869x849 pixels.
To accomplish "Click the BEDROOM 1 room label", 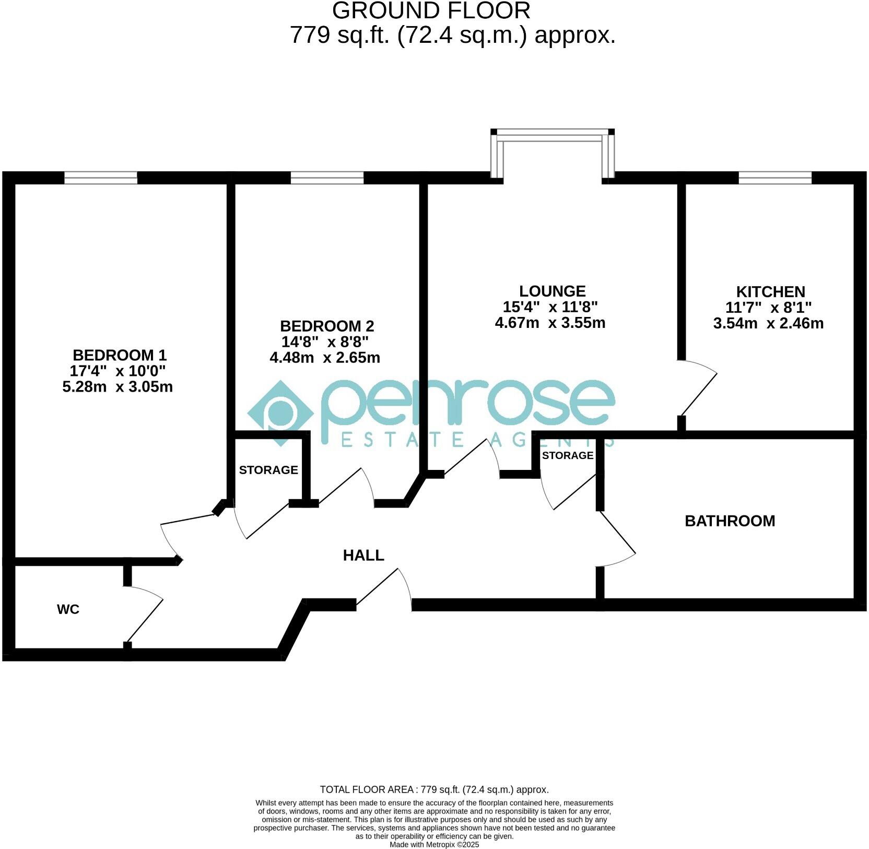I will point(120,356).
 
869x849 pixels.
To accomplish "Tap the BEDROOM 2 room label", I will point(327,326).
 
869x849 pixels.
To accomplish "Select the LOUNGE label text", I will point(553,291).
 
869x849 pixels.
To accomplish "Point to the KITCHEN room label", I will point(770,292).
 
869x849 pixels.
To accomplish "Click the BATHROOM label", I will point(730,521).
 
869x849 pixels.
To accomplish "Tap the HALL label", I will point(363,556).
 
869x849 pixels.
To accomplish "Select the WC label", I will point(68,609).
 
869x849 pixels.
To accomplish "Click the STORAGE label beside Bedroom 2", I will point(268,470).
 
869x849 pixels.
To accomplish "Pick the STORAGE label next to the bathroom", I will point(568,456).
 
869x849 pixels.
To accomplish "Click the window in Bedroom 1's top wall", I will point(101,178).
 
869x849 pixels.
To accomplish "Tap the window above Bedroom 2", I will point(327,178).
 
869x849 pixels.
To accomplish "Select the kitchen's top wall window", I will point(775,178).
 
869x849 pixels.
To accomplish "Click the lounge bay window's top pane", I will point(552,135).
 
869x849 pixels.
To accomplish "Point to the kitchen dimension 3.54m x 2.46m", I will point(768,324).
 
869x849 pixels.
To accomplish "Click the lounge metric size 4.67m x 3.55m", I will point(550,323).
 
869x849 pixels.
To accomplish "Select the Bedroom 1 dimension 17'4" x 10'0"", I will point(118,371).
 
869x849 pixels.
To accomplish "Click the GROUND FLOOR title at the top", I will point(431,11).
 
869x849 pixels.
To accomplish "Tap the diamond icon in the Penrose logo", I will point(280,413).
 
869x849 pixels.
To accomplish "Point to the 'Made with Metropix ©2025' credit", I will point(434,844).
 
